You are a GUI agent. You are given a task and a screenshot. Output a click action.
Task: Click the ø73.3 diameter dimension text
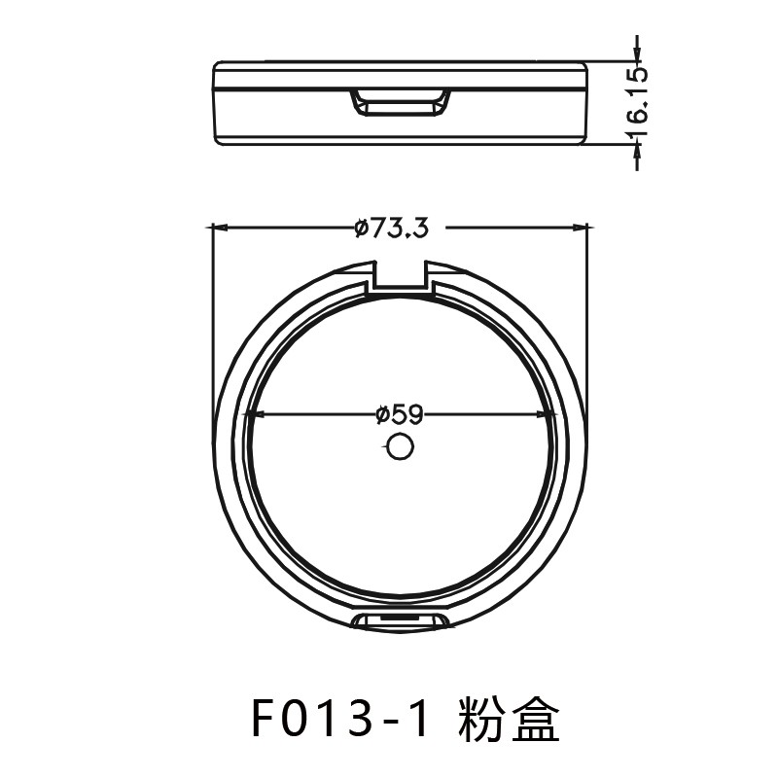tap(391, 229)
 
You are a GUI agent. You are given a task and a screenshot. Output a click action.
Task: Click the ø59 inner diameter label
tap(399, 414)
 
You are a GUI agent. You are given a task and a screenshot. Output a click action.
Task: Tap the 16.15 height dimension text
tap(637, 94)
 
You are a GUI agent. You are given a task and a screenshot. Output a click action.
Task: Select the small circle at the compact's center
tap(399, 447)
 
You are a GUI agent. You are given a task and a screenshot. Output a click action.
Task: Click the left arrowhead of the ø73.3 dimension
tap(220, 229)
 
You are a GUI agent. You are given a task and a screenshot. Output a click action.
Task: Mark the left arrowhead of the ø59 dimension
tap(255, 414)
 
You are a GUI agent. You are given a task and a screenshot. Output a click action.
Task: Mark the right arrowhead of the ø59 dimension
tap(549, 414)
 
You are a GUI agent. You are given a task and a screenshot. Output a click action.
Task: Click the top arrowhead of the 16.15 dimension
tap(637, 56)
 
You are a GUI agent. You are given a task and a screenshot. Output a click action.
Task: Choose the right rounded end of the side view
tap(585, 104)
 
